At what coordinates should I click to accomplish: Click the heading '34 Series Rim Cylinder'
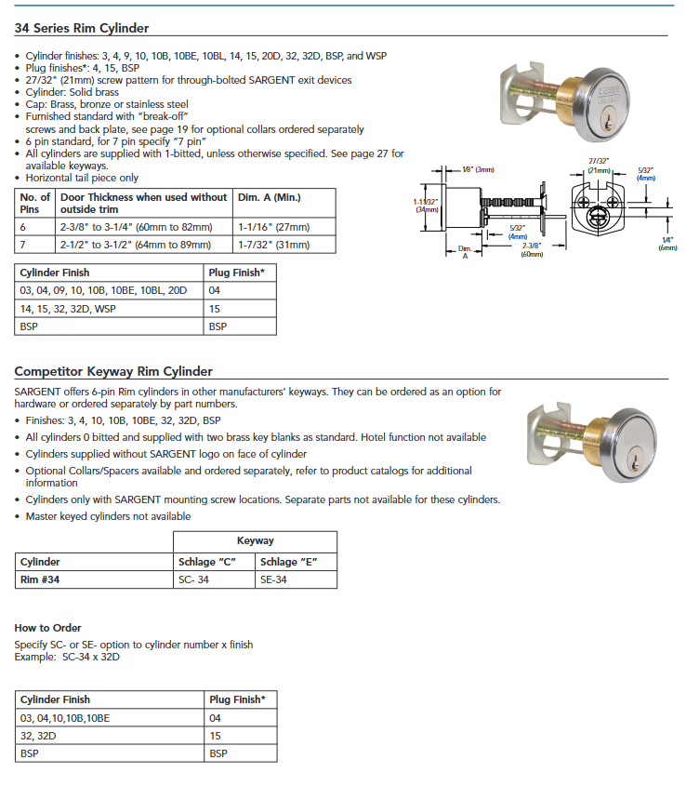tap(82, 28)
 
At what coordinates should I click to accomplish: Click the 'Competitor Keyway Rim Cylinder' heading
tap(113, 371)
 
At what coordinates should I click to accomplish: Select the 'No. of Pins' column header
tap(35, 203)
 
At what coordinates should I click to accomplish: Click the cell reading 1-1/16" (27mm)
tap(274, 227)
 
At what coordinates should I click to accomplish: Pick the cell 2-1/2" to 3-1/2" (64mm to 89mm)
tap(135, 245)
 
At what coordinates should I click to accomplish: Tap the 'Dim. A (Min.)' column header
tap(270, 197)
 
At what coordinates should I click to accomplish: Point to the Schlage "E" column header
tap(291, 562)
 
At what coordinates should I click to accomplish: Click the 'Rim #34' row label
tap(41, 579)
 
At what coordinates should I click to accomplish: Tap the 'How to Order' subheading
tap(47, 628)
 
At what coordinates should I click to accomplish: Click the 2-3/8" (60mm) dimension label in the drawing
tap(533, 249)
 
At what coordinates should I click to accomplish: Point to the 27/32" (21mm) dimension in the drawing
tap(599, 165)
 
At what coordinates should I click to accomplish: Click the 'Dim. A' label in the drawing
tap(465, 252)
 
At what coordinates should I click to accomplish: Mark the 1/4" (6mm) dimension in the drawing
tap(667, 243)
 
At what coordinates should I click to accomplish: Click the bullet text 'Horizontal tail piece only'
tap(82, 178)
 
